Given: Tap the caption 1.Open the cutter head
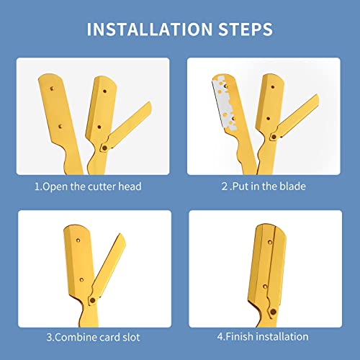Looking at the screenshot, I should point(89,186).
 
